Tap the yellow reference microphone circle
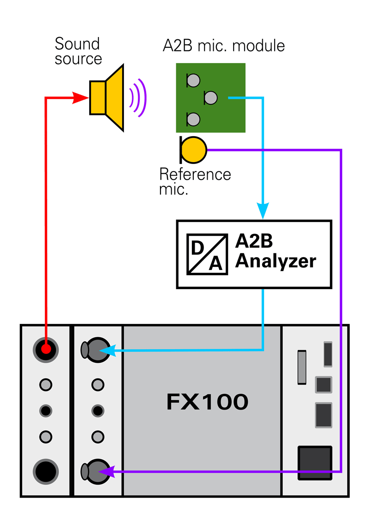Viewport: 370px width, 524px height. (193, 150)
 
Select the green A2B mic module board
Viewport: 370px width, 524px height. (210, 98)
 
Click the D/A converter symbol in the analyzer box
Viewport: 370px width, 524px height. (207, 254)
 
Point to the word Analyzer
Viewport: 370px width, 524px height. (276, 262)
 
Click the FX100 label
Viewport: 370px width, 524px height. (207, 403)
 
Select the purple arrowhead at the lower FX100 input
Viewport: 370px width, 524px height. (107, 472)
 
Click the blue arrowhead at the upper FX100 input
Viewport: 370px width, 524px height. (107, 350)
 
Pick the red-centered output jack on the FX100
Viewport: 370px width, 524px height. (45, 349)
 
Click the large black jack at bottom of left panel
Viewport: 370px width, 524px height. (45, 471)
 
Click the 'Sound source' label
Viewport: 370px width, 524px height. (78, 51)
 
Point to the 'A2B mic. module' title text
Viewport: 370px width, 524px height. (224, 46)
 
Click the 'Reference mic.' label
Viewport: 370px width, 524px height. (195, 182)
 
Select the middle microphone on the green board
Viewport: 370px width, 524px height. (210, 98)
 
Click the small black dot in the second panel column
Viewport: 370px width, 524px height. (97, 410)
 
